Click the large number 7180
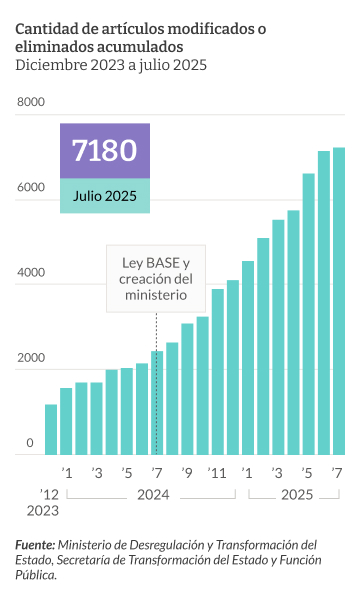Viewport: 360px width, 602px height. [104, 150]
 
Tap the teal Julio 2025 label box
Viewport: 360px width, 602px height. [104, 195]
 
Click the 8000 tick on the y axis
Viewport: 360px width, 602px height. [31, 102]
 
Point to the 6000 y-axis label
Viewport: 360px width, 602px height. [31, 188]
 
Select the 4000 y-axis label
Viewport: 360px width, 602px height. [31, 273]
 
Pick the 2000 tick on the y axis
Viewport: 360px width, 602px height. [31, 358]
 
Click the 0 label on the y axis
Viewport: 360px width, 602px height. [30, 443]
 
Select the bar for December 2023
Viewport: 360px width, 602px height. [51, 429]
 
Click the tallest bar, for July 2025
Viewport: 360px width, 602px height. [339, 300]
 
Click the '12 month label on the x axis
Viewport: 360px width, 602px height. [50, 495]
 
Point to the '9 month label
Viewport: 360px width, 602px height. [187, 473]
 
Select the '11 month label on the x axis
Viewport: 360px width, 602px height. [217, 473]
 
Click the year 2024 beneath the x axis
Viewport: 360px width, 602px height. [153, 495]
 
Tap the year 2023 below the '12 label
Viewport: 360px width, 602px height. [43, 512]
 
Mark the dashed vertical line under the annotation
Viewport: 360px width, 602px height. [157, 330]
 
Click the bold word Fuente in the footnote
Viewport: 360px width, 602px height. [35, 545]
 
